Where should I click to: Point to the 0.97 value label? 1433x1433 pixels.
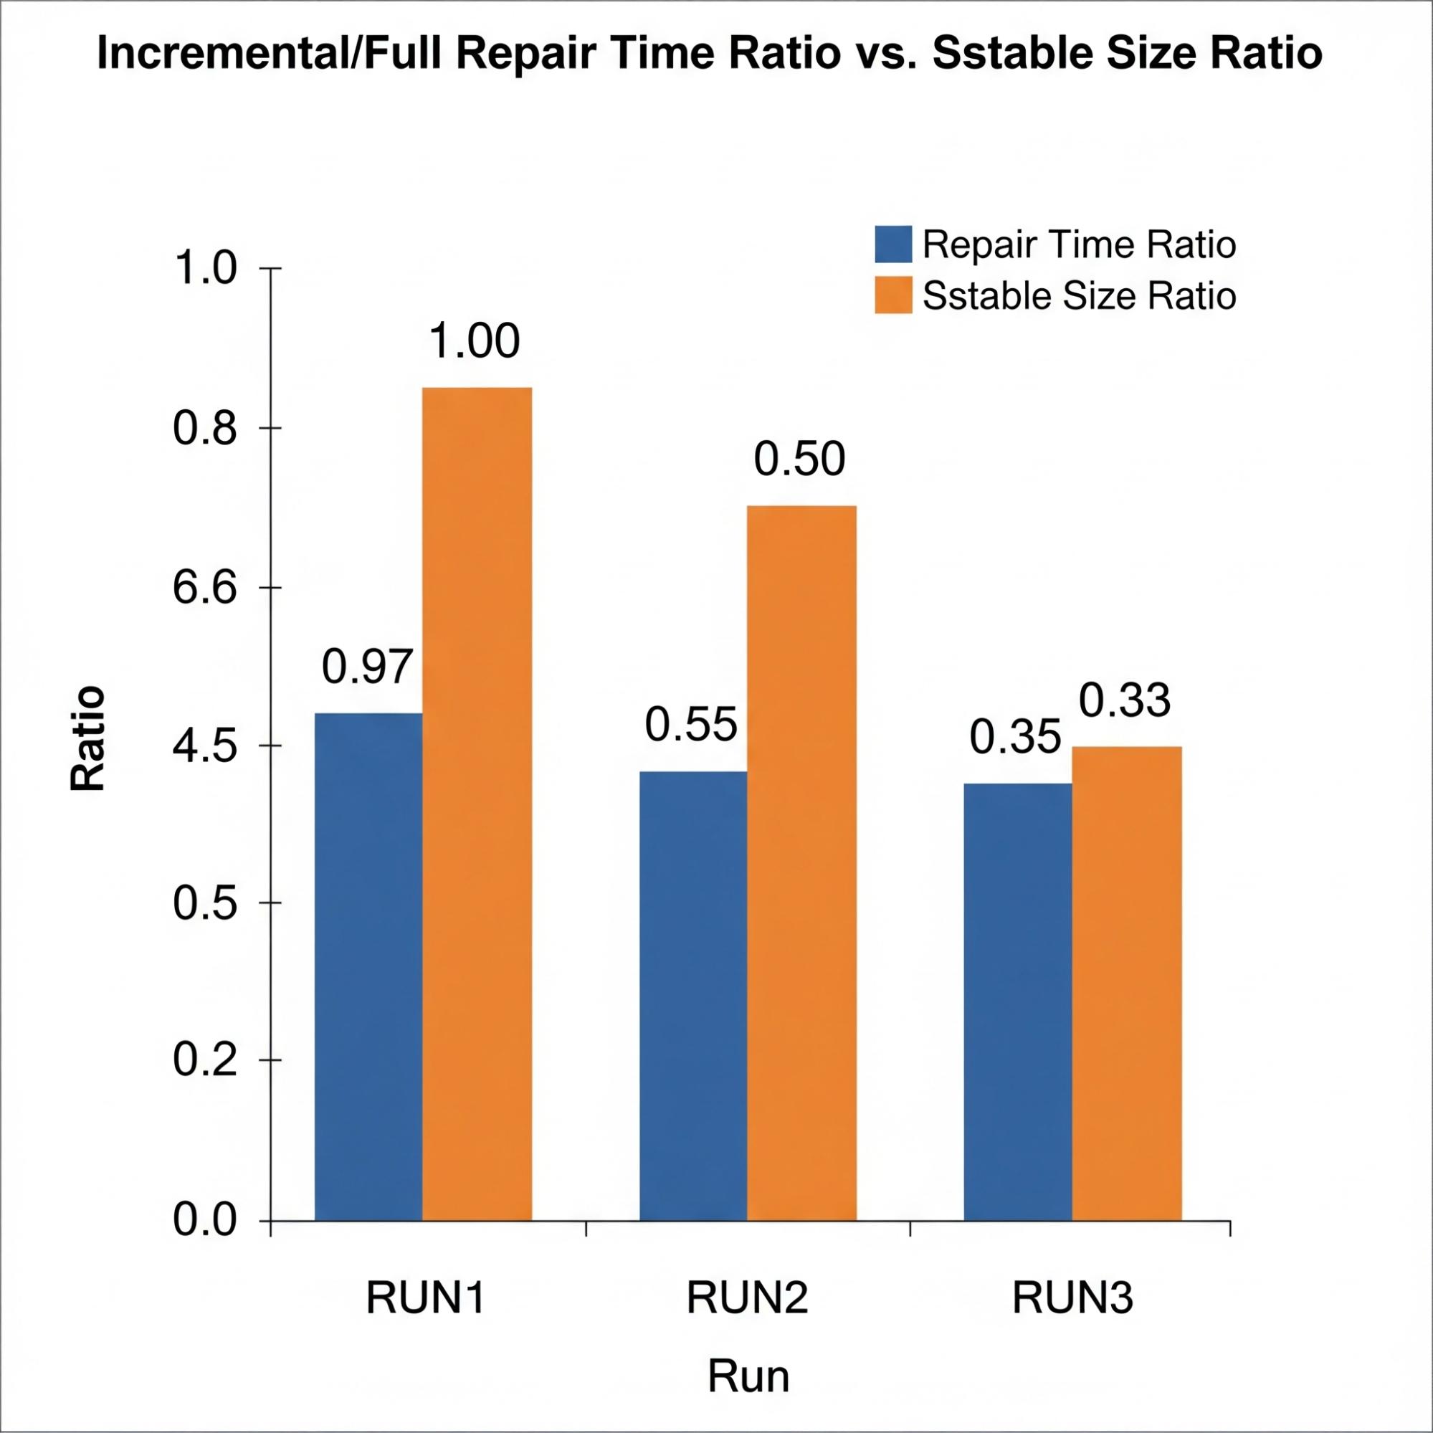(x=366, y=667)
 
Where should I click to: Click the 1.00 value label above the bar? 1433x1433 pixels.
(x=475, y=342)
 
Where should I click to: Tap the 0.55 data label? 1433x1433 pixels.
(x=691, y=725)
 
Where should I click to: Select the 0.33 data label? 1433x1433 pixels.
(x=1125, y=700)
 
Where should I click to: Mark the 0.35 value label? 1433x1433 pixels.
(x=1015, y=738)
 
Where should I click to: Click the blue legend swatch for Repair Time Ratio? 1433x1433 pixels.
(x=893, y=244)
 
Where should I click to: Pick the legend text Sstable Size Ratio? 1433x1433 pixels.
(x=1079, y=296)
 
